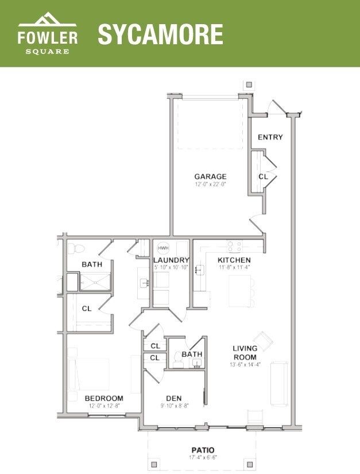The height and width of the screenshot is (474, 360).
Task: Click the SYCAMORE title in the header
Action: point(160,34)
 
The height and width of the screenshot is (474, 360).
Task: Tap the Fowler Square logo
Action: point(48,35)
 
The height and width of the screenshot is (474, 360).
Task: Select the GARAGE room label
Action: point(210,176)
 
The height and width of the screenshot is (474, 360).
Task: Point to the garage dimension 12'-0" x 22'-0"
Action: point(210,184)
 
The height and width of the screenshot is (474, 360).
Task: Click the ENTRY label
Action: point(270,137)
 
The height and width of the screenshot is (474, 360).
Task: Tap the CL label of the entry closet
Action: point(263,177)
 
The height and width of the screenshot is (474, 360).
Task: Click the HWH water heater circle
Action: point(162,248)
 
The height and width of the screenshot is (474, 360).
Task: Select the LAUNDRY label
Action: point(171,260)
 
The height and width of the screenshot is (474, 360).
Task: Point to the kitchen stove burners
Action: point(234,246)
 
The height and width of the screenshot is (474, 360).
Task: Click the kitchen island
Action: point(241,291)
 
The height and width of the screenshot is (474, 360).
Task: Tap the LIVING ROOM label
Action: point(245,353)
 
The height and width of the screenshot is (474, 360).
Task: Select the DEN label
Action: point(174,398)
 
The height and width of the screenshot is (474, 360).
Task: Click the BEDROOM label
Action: point(104,398)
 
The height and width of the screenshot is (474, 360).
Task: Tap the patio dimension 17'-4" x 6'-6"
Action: point(203,457)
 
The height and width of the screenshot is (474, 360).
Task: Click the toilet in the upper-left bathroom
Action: point(76,249)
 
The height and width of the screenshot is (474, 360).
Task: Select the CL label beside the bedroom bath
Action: point(87,309)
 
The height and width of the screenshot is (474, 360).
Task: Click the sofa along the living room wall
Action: point(280,382)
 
